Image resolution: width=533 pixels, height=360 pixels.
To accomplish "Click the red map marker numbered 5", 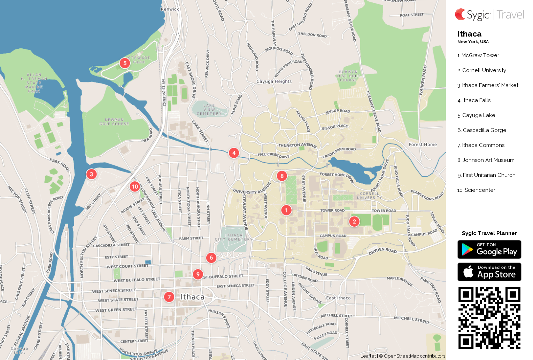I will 125,63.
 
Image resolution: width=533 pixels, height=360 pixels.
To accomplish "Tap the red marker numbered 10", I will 135,187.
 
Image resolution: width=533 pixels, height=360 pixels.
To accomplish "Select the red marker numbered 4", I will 234,153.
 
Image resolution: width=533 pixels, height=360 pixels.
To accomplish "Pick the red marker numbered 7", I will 169,297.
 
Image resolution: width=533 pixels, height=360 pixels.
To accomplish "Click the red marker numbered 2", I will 354,221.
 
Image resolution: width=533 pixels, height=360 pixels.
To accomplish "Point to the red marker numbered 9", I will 198,274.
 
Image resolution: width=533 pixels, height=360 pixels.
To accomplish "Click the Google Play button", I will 489,250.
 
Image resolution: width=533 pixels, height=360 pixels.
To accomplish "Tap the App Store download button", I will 489,272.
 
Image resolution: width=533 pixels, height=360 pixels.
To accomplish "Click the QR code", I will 489,318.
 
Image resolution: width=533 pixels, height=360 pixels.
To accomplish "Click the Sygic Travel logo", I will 489,15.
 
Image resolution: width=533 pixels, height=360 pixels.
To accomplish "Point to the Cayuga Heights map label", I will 274,81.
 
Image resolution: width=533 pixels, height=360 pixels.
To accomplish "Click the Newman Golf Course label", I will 114,122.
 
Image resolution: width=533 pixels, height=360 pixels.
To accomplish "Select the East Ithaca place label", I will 338,298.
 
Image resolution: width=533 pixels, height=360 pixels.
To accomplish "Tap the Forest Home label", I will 423,144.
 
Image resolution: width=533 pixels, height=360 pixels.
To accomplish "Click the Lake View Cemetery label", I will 209,109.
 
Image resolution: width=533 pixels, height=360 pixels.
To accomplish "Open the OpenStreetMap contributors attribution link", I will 414,356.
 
